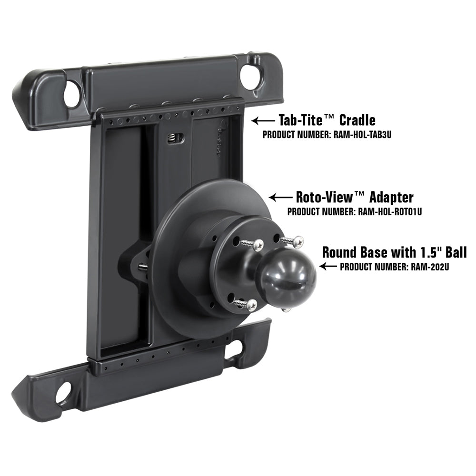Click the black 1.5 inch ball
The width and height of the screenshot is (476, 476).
click(287, 276)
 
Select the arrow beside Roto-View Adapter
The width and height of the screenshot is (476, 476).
click(280, 197)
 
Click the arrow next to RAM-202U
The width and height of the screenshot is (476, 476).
click(328, 267)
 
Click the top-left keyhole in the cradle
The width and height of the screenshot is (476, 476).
click(71, 94)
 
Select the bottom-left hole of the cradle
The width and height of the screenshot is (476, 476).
click(63, 393)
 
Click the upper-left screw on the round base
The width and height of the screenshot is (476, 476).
click(257, 245)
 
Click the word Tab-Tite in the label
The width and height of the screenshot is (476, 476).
click(307, 120)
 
